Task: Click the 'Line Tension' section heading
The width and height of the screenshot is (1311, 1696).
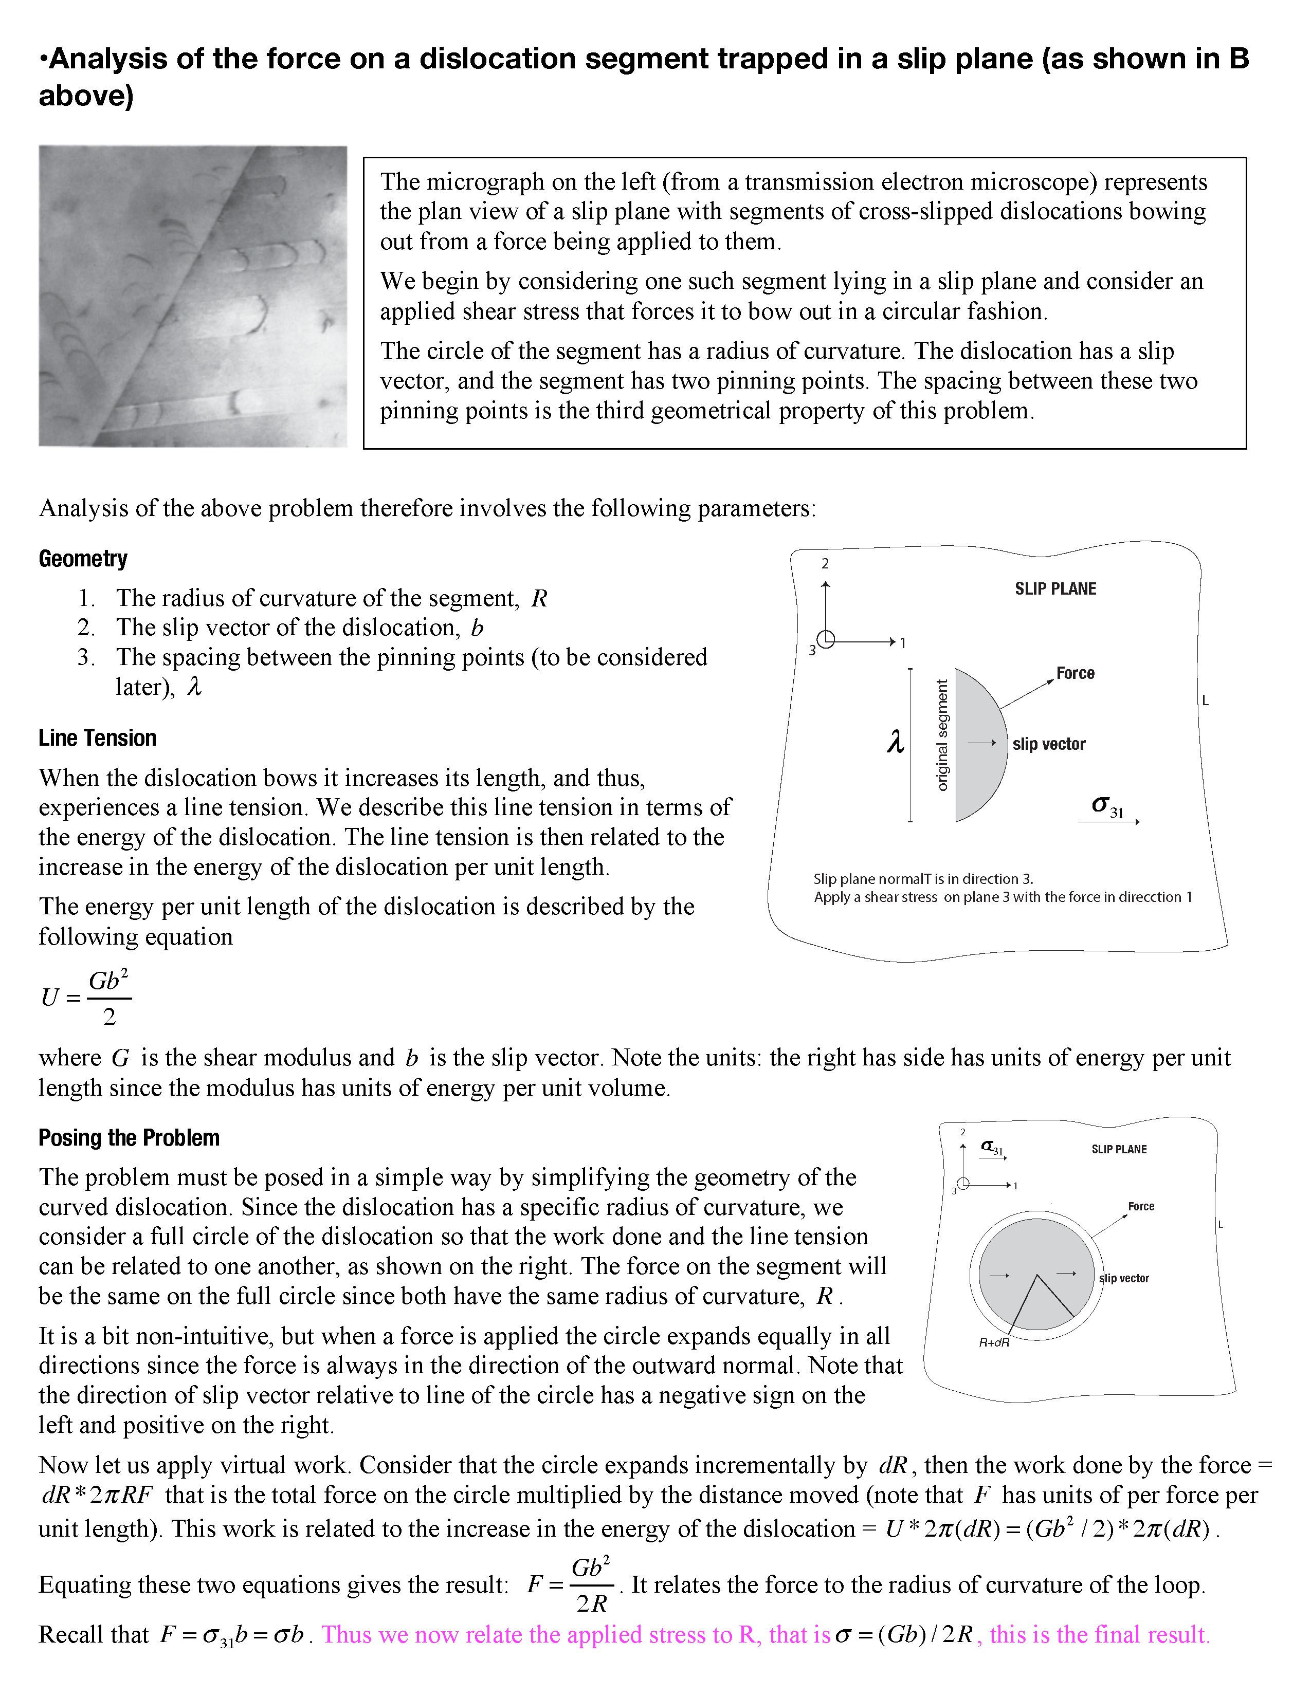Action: [97, 738]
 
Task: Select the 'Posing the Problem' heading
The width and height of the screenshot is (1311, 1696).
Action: [129, 1138]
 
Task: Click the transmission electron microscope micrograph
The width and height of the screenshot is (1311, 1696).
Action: [193, 296]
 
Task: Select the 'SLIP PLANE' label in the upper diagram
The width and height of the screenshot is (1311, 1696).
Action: [1054, 588]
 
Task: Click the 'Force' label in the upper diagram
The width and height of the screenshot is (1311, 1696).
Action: [1075, 673]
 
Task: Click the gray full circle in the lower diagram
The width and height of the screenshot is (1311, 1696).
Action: [1036, 1274]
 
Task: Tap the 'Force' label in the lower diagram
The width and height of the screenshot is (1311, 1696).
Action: [1141, 1206]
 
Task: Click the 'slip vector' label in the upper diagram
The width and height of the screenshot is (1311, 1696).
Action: [1048, 744]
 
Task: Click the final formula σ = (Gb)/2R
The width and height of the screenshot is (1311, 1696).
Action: [904, 1635]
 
